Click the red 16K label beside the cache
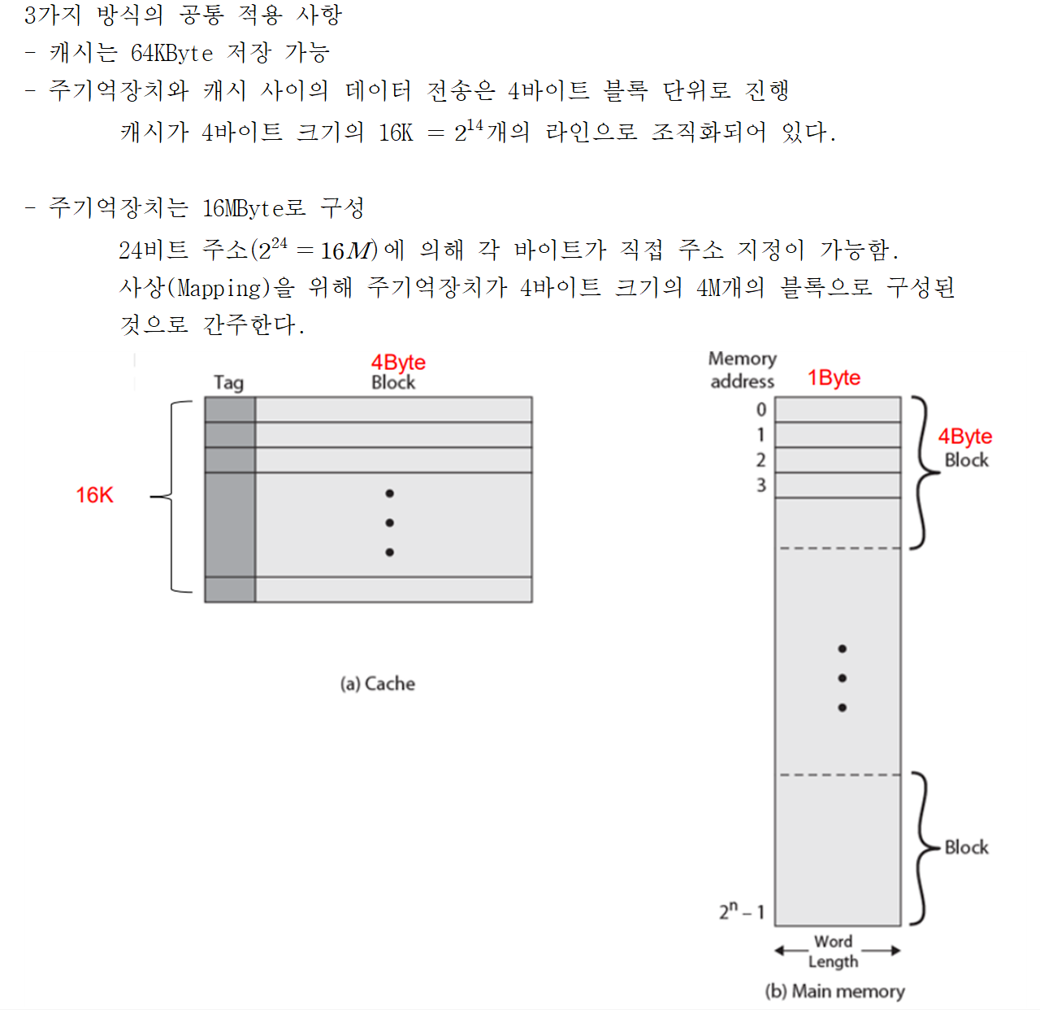94,495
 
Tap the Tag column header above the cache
228,382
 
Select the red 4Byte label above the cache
398,362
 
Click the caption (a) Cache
377,684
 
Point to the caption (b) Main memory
834,991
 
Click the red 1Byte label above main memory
834,377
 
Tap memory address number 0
760,410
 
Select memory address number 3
760,485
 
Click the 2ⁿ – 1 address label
742,911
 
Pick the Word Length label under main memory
833,951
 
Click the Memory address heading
742,370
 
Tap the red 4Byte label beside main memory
965,437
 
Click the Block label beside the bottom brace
966,847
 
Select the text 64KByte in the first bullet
171,54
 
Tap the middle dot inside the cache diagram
390,523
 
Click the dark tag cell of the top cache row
230,410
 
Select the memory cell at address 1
838,435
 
